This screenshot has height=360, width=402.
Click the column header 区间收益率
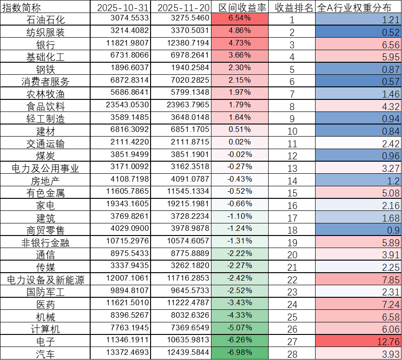(x=240, y=7)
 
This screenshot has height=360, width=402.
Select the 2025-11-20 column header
(x=181, y=7)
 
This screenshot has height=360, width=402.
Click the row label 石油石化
(x=45, y=20)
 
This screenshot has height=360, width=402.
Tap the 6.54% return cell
(x=240, y=19)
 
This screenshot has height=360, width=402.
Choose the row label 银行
(x=45, y=45)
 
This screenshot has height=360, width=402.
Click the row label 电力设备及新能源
(x=45, y=280)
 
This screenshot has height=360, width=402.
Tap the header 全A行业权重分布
(x=358, y=7)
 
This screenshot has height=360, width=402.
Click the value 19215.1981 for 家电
(x=181, y=205)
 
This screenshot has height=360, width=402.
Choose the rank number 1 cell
(x=292, y=20)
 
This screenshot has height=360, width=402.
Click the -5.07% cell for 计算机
(x=240, y=329)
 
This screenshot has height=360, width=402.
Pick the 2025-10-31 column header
(x=121, y=7)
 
